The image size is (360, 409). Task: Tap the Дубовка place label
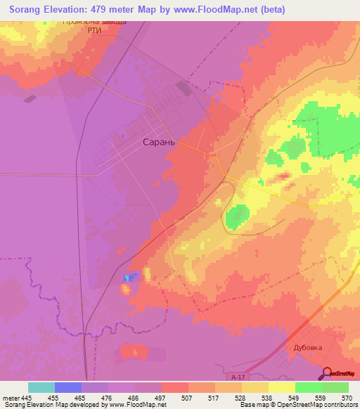coord(307,346)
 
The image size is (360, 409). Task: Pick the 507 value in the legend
coord(187,398)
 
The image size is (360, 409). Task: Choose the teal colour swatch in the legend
coord(41,387)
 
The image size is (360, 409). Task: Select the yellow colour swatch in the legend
coord(281,387)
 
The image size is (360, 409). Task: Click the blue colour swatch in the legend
coord(67,387)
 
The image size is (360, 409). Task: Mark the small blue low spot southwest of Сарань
coord(128,278)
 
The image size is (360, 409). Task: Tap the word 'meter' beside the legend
coord(11,398)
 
